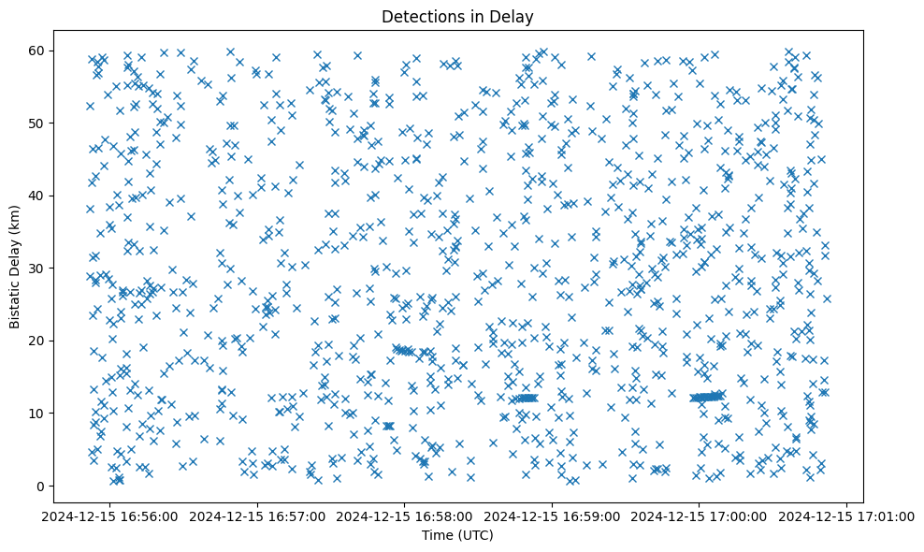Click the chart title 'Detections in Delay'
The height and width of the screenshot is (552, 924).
pos(457,16)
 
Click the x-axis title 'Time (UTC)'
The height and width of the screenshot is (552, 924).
pos(457,536)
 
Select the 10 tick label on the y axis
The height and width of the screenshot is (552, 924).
pos(39,413)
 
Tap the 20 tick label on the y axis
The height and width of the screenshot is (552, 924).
pos(39,341)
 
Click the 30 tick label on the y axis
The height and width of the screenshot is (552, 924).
pos(39,268)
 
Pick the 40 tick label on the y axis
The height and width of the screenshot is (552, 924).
pos(39,196)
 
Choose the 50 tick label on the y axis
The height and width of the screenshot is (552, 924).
pos(39,123)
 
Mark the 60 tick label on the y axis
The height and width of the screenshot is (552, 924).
pos(39,51)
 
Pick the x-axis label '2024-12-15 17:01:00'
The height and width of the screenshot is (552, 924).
pos(846,516)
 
